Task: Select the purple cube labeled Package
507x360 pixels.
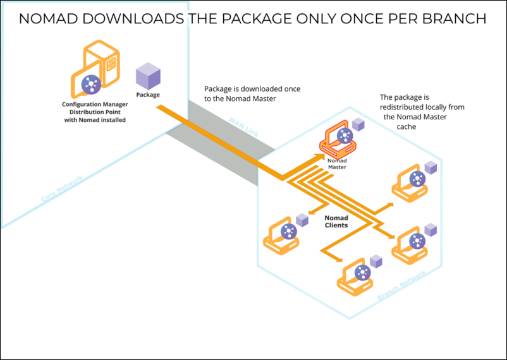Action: click(149, 76)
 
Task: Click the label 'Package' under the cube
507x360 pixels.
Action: click(148, 95)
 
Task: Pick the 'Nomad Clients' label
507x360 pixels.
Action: click(336, 221)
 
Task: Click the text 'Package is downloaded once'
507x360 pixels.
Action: click(252, 89)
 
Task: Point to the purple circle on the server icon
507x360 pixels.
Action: click(89, 84)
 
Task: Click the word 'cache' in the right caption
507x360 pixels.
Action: click(407, 126)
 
